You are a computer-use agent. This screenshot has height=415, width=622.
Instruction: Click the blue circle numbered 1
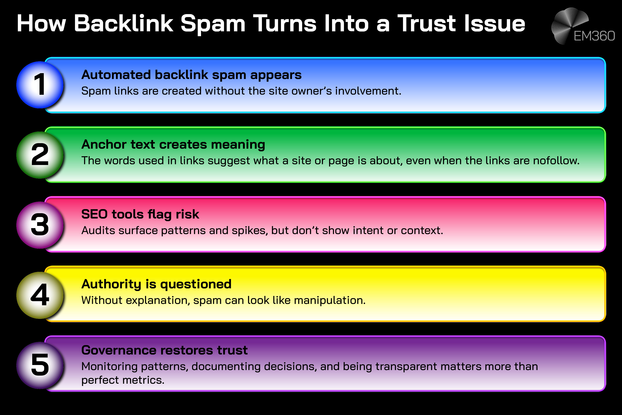coord(40,85)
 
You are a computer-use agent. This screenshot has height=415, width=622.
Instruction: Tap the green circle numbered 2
coord(40,155)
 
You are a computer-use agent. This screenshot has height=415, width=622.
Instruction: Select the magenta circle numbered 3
coord(40,225)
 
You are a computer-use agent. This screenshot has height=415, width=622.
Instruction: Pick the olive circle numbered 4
coord(40,295)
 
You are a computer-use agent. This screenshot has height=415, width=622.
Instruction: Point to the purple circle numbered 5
coord(40,365)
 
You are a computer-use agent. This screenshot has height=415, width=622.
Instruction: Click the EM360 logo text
coord(594,36)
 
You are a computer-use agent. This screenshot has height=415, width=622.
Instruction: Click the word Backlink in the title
coord(123,24)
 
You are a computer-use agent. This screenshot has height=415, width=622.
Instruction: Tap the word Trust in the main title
coord(427,24)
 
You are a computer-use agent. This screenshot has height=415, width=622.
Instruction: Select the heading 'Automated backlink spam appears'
coord(191,75)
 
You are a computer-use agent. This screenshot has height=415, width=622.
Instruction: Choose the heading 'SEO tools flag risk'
coord(140,214)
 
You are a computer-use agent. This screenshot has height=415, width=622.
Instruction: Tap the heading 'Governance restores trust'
coord(164,350)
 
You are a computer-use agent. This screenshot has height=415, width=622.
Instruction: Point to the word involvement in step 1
coord(368,91)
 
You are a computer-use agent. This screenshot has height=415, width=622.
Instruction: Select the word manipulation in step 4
coord(329,300)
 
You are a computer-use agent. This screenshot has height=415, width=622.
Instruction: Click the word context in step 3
coord(422,231)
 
